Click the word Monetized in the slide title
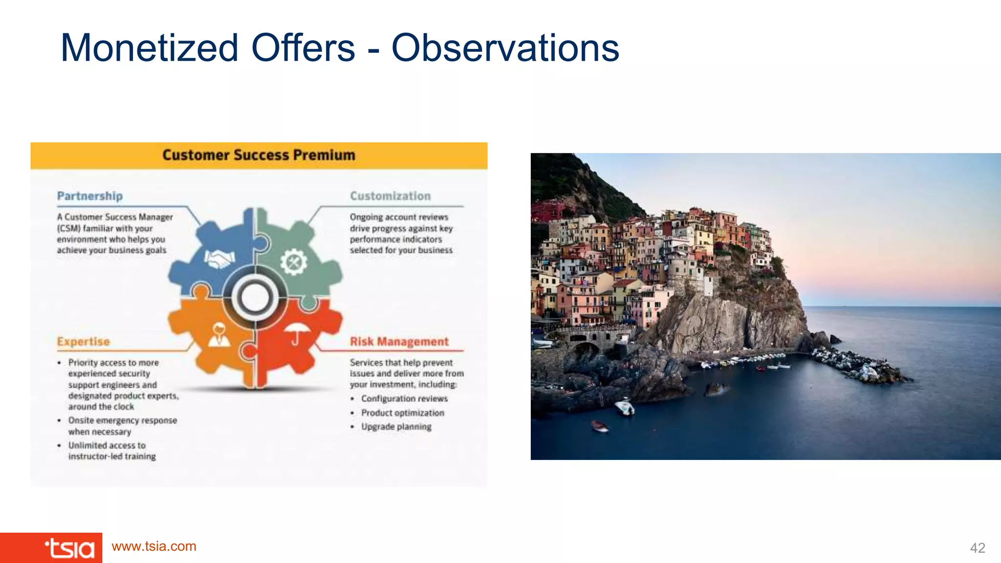150,48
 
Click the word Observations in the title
505,48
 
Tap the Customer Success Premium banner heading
259,155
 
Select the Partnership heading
90,196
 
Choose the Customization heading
390,196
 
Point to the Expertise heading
84,342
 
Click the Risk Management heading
399,342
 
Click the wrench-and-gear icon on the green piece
293,262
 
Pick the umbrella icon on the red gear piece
296,333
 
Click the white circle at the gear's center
255,298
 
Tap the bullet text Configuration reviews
404,399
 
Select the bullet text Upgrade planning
396,427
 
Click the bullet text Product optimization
403,413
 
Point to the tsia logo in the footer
69,548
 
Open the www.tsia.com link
154,546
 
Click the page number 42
977,548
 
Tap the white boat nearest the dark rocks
624,407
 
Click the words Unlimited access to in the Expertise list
107,445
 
